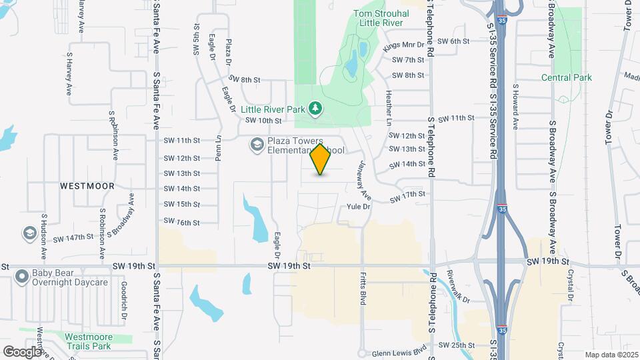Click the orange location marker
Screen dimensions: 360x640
321,159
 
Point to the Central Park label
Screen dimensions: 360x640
567,77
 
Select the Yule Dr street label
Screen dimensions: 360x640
359,207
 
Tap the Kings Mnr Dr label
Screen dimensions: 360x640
404,45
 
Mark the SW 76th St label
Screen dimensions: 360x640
182,222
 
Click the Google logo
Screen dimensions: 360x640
22,351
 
